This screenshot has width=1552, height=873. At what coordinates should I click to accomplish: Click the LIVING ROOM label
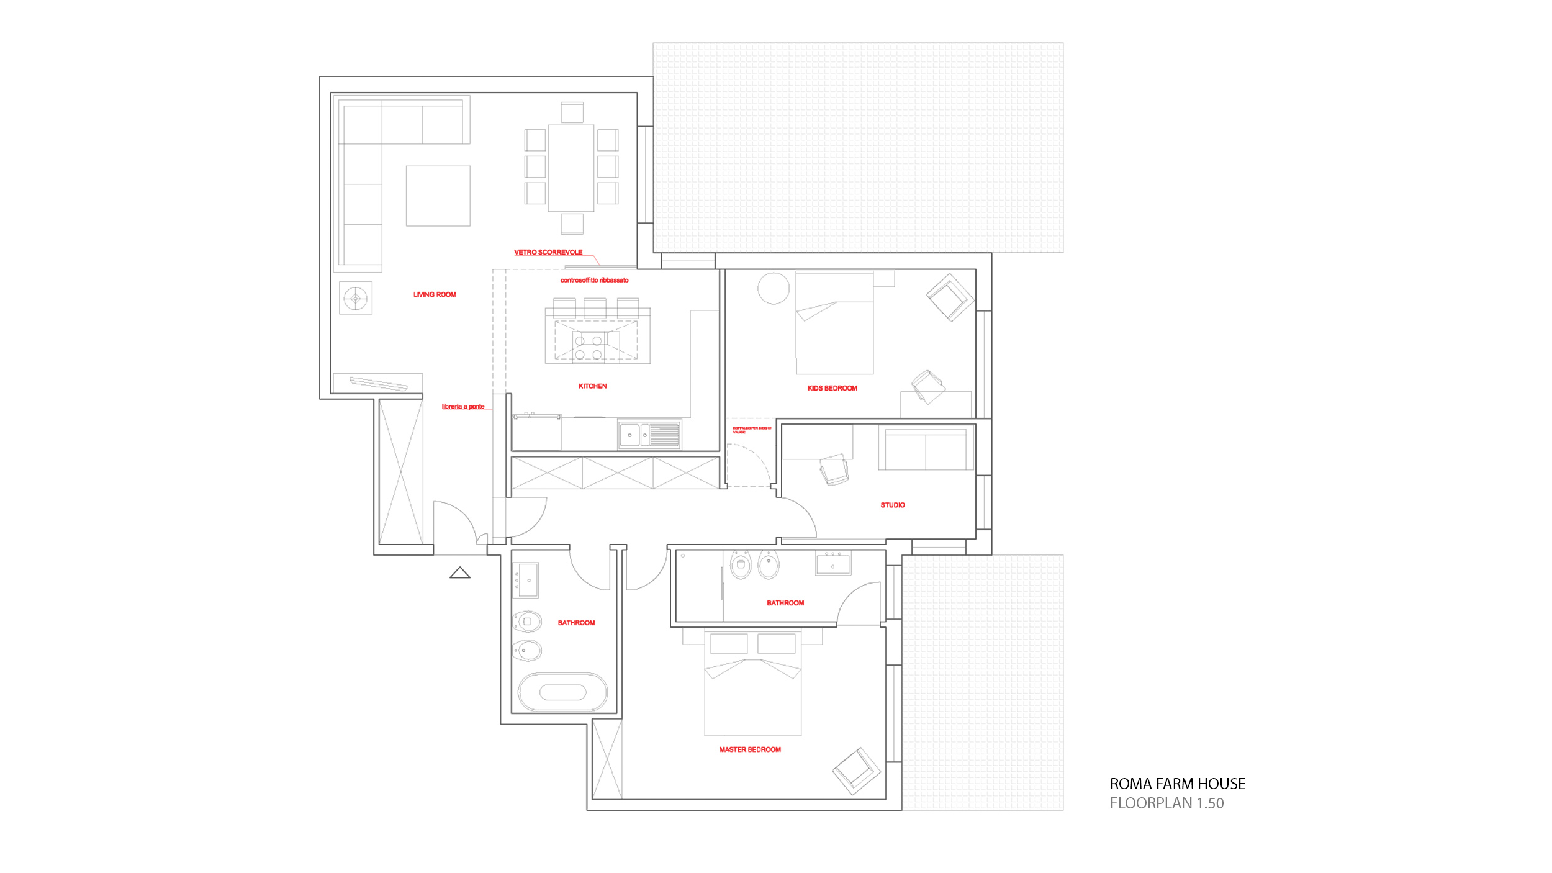[x=435, y=295]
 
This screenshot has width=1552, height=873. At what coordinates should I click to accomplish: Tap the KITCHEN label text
[x=592, y=386]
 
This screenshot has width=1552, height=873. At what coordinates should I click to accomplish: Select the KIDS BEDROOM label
[x=832, y=388]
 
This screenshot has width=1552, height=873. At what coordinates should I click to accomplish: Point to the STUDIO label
[x=892, y=505]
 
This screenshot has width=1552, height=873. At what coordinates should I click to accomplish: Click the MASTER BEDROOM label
[x=749, y=749]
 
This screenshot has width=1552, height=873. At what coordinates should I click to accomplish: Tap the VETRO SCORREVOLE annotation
[x=548, y=252]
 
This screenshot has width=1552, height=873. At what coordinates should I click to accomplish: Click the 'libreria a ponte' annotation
[x=462, y=407]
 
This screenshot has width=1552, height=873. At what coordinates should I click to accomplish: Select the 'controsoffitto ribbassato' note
[x=594, y=280]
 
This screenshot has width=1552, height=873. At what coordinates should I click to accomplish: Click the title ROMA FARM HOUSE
[x=1177, y=784]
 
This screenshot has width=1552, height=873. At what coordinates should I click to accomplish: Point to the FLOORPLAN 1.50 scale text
[x=1166, y=803]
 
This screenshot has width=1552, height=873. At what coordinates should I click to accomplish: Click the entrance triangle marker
[x=459, y=572]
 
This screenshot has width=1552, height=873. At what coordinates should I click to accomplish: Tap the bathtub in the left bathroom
[x=562, y=692]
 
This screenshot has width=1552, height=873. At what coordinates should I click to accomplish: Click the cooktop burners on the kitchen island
[x=589, y=348]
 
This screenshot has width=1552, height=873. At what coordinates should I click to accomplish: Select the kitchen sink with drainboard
[x=649, y=435]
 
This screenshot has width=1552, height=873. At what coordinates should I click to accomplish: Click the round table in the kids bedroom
[x=773, y=289]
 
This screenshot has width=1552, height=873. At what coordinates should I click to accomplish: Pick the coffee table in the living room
[x=438, y=196]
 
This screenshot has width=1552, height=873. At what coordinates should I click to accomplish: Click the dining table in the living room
[x=571, y=168]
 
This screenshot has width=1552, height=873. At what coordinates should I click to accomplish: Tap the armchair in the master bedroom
[x=856, y=771]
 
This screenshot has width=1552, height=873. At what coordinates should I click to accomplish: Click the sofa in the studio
[x=925, y=450]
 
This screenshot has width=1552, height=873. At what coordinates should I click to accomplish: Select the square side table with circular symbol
[x=356, y=298]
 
